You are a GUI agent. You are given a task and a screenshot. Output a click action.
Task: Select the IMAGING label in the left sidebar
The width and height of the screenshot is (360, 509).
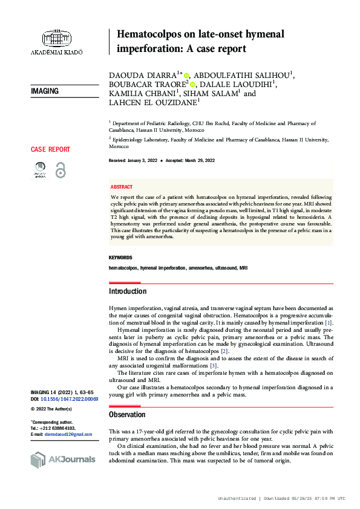(x=45, y=91)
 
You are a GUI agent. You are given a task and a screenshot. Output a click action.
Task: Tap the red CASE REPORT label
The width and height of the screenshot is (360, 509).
(x=50, y=149)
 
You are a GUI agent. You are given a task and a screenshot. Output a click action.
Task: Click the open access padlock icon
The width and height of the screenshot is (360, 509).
(x=60, y=170)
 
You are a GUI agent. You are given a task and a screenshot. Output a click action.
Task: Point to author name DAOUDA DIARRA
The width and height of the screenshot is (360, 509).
(x=142, y=75)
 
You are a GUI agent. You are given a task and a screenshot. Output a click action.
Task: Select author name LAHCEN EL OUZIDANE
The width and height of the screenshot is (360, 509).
(x=153, y=104)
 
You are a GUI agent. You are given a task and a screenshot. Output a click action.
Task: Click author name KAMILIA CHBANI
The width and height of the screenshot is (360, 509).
(x=142, y=94)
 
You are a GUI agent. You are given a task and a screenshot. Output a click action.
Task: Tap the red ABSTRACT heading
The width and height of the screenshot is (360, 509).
(x=122, y=187)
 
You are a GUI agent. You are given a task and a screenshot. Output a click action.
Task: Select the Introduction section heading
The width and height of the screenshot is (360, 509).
(x=127, y=291)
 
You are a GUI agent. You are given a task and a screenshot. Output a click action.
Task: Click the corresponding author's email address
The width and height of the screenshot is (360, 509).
(x=71, y=434)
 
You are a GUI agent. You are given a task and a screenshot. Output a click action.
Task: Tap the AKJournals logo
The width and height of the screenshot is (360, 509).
(x=63, y=460)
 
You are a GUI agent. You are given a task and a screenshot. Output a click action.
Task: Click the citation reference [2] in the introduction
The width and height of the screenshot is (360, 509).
(x=224, y=351)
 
